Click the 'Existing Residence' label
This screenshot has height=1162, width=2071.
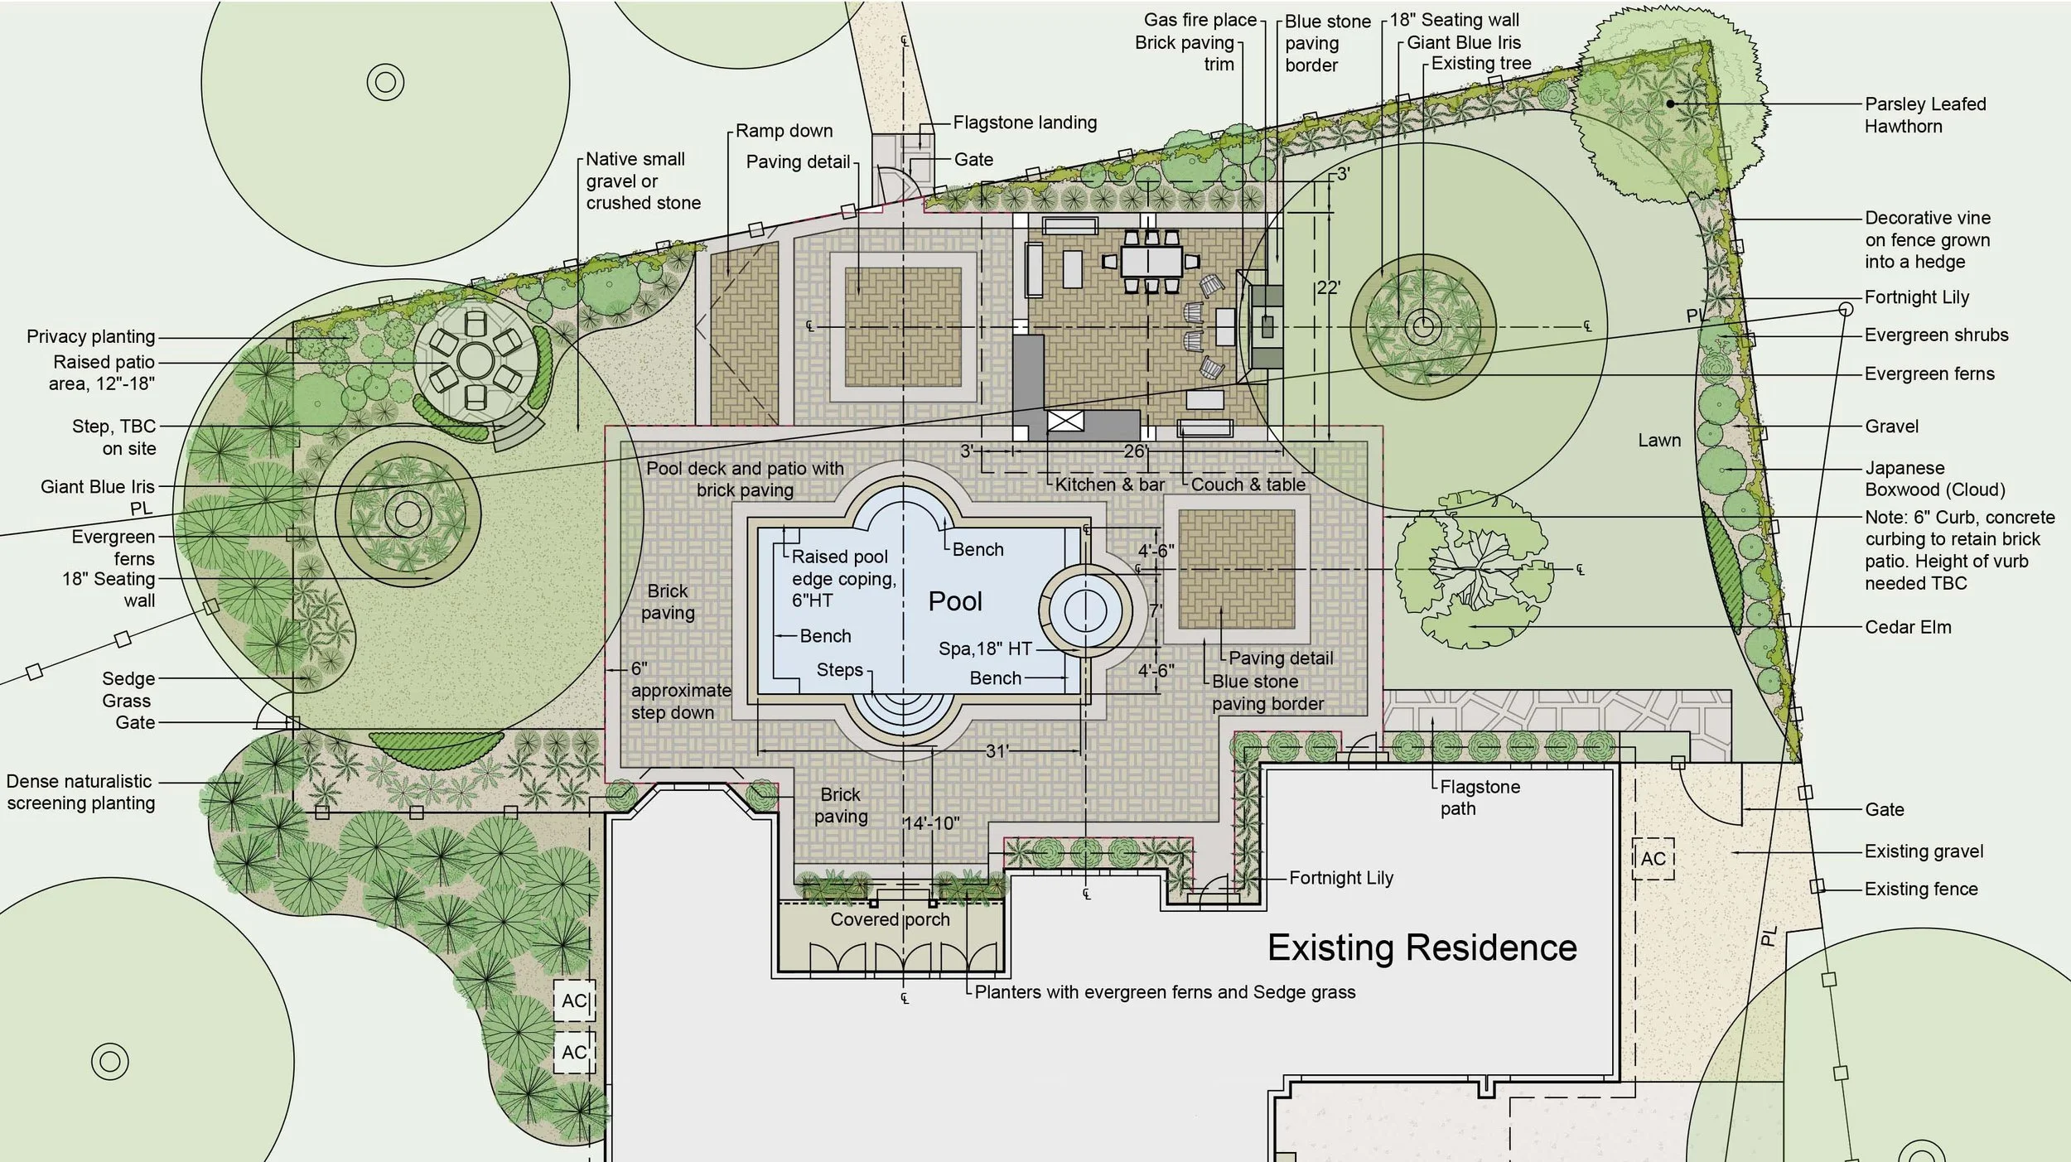[x=1422, y=947]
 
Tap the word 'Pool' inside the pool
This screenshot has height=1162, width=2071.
[x=955, y=601]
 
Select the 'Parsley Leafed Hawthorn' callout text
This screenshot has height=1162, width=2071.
[x=1925, y=115]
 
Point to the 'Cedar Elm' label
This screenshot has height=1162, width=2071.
[x=1908, y=627]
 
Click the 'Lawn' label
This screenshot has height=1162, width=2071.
[x=1659, y=441]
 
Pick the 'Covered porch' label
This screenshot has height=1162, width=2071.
[x=890, y=919]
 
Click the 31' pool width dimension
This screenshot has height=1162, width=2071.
[x=997, y=751]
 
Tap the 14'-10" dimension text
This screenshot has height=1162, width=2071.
[x=931, y=823]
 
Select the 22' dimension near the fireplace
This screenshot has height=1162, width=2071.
[x=1328, y=288]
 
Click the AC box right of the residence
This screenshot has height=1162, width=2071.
[x=1653, y=859]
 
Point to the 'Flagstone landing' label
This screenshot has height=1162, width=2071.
[x=1025, y=123]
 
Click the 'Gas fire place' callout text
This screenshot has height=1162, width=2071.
[x=1200, y=20]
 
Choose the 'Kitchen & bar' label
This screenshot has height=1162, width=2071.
[x=1110, y=485]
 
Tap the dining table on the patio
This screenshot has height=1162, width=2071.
[x=1151, y=262]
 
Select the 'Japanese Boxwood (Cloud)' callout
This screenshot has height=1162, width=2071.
[x=1935, y=479]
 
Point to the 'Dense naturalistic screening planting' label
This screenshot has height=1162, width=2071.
[x=81, y=792]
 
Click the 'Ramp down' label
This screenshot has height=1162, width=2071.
[x=784, y=131]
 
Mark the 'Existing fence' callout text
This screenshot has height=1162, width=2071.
[x=1921, y=889]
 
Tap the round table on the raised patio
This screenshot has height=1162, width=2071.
[x=476, y=361]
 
